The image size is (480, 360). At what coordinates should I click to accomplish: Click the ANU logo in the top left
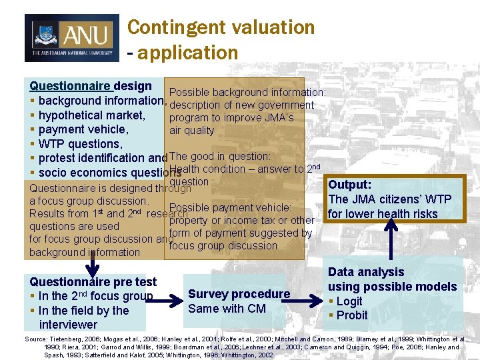click(x=71, y=38)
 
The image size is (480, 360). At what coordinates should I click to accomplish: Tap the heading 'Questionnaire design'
click(x=91, y=86)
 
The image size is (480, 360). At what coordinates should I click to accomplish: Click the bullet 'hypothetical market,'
click(x=91, y=115)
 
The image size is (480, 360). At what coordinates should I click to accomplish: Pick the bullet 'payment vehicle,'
click(x=83, y=129)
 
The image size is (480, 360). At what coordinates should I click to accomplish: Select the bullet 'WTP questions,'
click(x=80, y=144)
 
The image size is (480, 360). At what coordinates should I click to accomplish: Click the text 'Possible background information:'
click(x=247, y=93)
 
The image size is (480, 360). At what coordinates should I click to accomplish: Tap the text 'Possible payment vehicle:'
click(x=231, y=208)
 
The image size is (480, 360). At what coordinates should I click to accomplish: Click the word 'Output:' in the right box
click(x=350, y=185)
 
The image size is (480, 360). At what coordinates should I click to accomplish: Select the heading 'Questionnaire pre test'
click(x=93, y=282)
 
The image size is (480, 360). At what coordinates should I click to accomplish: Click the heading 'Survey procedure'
click(x=239, y=294)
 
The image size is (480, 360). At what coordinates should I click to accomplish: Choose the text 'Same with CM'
click(x=227, y=309)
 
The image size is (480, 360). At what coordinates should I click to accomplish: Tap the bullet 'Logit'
click(x=349, y=301)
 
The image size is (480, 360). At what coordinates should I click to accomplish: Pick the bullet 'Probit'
click(x=351, y=315)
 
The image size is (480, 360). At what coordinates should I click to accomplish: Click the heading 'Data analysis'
click(x=366, y=272)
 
